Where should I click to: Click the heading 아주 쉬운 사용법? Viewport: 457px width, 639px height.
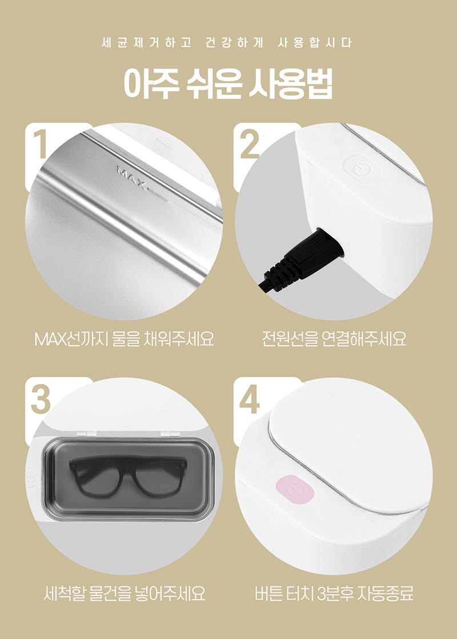[228, 84]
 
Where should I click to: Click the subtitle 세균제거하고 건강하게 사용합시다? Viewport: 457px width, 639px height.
[228, 43]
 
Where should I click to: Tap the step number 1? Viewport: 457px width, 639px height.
[39, 145]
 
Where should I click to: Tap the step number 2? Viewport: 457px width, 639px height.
[250, 145]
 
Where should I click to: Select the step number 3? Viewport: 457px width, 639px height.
[39, 399]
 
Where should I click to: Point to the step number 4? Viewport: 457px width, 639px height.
[250, 399]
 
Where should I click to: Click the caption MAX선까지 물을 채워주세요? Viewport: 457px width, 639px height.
[124, 339]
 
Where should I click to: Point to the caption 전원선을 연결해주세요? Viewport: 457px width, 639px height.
[334, 339]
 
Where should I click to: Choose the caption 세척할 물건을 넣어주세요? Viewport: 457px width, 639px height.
[124, 594]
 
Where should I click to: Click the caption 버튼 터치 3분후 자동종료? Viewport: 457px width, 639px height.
[334, 594]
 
